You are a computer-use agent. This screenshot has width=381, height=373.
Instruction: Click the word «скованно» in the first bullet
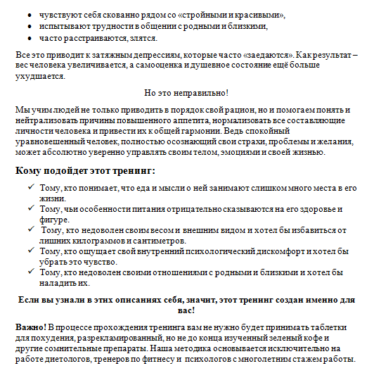(117, 14)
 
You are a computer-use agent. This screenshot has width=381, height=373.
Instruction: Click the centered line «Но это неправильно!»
(186, 93)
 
